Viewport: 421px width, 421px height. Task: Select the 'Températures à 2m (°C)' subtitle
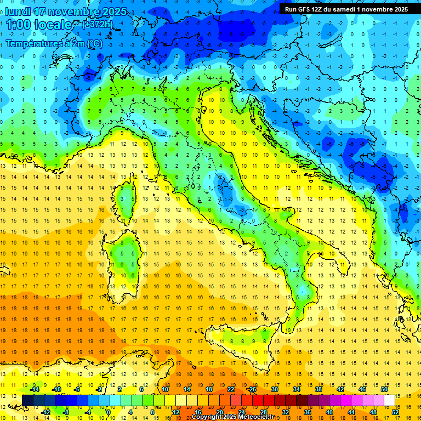pos(54,43)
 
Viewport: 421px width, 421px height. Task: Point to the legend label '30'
pos(274,389)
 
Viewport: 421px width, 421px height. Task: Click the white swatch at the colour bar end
pos(389,400)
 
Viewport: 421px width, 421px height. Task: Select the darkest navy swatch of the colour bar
pos(27,400)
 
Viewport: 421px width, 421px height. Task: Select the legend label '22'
pos(231,389)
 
